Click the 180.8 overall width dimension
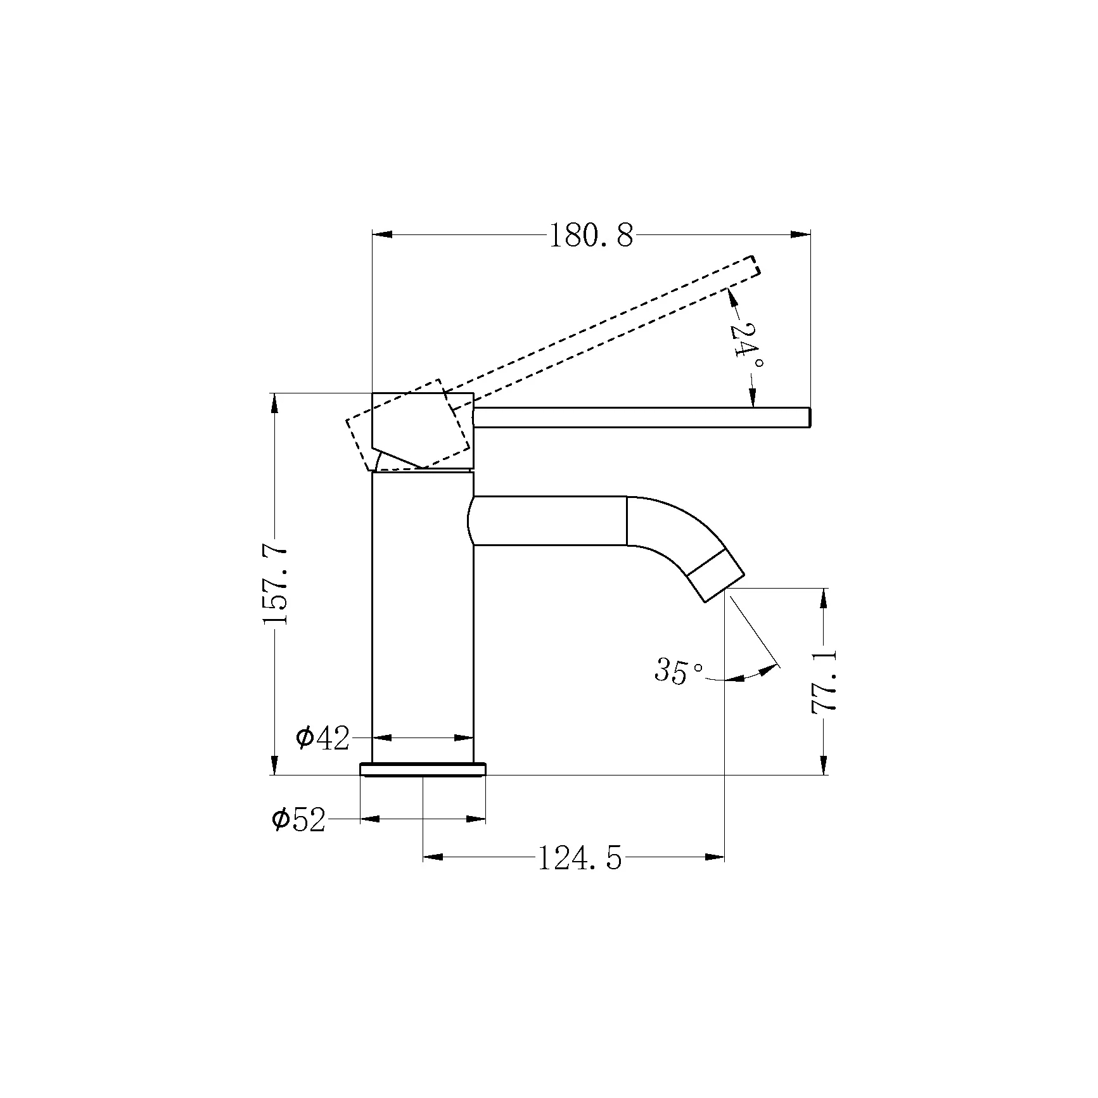pyautogui.click(x=590, y=236)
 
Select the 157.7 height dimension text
pyautogui.click(x=276, y=584)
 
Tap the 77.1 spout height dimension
pyautogui.click(x=824, y=681)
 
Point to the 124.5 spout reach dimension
pyautogui.click(x=580, y=859)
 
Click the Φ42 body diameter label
pyautogui.click(x=322, y=738)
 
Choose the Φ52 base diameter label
pyautogui.click(x=298, y=819)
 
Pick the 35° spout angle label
pyautogui.click(x=679, y=670)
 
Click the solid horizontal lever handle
pyautogui.click(x=642, y=418)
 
